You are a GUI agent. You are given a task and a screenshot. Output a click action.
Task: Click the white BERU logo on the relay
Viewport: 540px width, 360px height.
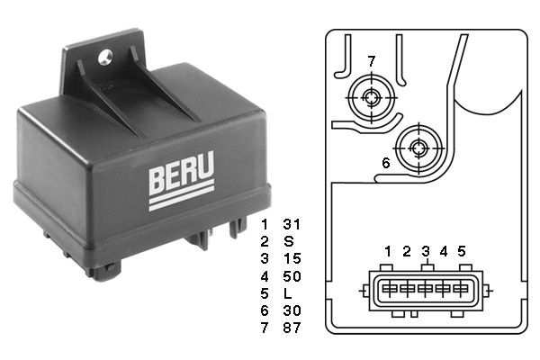[x=182, y=181]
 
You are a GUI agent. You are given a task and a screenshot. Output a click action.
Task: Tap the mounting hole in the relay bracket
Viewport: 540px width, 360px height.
[x=105, y=58]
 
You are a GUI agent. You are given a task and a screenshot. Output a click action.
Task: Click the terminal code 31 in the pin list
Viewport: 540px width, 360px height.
[x=292, y=224]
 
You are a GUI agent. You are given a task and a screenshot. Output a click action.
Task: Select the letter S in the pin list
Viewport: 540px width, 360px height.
[x=289, y=241]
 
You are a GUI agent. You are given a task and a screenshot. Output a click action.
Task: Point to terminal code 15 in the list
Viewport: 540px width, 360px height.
[x=292, y=258]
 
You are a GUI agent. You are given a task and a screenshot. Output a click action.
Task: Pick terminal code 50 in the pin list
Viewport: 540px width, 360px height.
[x=292, y=276]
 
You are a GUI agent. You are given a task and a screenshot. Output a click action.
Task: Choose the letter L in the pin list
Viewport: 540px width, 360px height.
[x=288, y=293]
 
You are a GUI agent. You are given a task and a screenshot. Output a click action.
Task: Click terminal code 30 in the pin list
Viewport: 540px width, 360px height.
[x=292, y=310]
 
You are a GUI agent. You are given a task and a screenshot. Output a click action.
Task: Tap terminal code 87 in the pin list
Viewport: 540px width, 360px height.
[x=292, y=328]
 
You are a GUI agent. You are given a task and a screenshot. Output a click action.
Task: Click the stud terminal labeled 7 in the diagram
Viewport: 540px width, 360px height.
[x=371, y=98]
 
